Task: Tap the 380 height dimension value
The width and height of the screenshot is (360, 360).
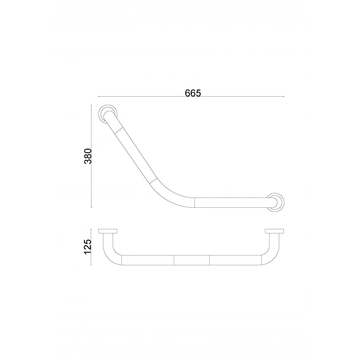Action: click(88, 156)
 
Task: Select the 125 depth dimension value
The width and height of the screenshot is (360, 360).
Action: click(88, 246)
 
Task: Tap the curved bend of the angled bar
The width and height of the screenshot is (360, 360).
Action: click(172, 194)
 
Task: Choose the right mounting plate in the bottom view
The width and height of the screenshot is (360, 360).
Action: click(275, 231)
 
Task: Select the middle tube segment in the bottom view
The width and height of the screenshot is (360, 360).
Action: click(192, 259)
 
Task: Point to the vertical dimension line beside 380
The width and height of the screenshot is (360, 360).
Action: click(93, 156)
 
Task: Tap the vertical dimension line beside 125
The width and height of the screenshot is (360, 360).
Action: click(93, 246)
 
